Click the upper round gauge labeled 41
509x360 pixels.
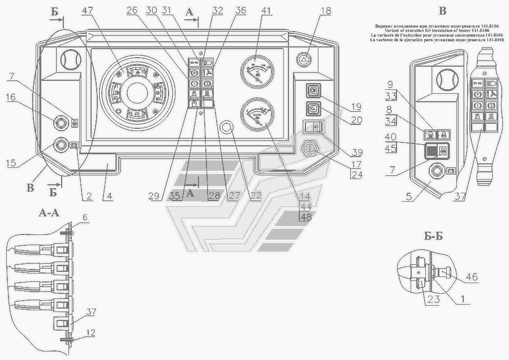click(257, 72)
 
